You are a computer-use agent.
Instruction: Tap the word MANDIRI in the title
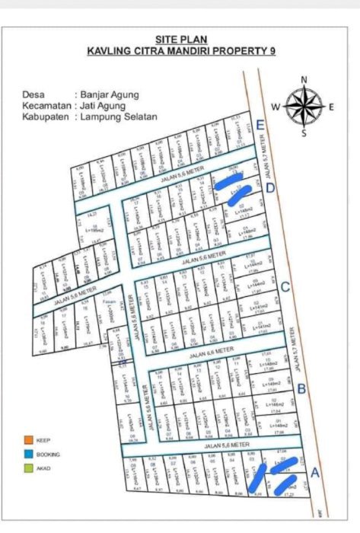[x=201, y=51]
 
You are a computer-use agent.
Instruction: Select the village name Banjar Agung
[x=108, y=94]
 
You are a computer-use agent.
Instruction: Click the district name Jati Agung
[x=103, y=106]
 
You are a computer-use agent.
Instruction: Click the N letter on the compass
[x=304, y=79]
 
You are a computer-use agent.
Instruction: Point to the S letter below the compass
[x=304, y=134]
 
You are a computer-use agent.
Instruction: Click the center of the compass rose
[x=304, y=107]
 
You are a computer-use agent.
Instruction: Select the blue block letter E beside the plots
[x=260, y=126]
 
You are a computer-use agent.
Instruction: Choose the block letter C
[x=284, y=288]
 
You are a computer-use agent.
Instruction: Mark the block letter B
[x=301, y=390]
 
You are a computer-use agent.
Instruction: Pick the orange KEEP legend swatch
[x=27, y=440]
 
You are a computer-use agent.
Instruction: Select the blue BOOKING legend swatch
[x=27, y=455]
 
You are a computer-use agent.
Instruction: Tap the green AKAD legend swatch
[x=27, y=469]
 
